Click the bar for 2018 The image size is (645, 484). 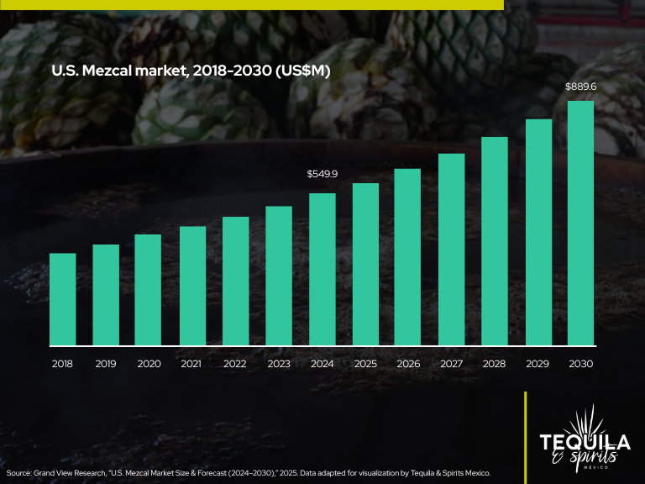tap(63, 299)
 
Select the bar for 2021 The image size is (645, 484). tap(192, 286)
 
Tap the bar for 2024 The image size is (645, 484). tap(322, 269)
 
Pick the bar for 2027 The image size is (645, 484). tap(452, 250)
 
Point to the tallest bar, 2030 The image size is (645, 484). tap(581, 224)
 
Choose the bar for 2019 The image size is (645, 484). tap(106, 295)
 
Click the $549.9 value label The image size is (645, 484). tap(322, 174)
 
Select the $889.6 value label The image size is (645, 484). tap(581, 87)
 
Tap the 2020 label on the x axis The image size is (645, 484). tap(149, 364)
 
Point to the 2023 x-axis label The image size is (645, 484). tap(279, 364)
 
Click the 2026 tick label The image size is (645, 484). tap(408, 364)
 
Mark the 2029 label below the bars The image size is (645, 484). tap(537, 364)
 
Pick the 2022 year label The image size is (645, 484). tap(235, 364)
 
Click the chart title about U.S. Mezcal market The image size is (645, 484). tap(191, 71)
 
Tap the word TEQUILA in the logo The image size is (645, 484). tap(585, 442)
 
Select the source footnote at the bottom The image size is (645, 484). tap(249, 473)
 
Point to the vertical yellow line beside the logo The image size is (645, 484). tap(526, 437)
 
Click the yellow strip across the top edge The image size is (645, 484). tap(252, 4)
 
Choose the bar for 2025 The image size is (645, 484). tap(365, 264)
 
